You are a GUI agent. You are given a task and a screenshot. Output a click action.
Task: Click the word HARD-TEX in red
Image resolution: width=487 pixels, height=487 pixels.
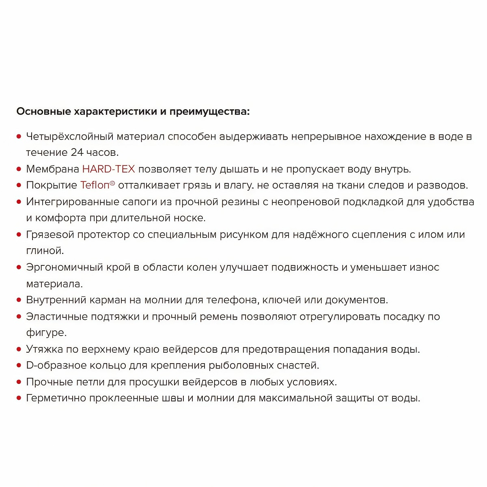[108, 169]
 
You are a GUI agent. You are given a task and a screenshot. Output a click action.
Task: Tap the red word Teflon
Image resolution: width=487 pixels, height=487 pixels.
[95, 185]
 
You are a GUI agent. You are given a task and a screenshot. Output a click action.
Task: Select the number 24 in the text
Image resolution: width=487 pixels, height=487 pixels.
[77, 153]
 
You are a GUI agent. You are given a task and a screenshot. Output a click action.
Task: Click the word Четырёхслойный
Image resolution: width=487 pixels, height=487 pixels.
[69, 136]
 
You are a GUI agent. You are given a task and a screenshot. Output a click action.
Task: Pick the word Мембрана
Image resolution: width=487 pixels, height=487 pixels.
[52, 169]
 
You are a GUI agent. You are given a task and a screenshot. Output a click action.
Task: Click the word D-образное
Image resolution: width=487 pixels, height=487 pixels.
[59, 365]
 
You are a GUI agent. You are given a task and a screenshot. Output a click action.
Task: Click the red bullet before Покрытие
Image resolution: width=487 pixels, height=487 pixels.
[19, 185]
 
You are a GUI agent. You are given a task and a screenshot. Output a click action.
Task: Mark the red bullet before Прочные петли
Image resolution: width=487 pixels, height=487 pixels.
[19, 382]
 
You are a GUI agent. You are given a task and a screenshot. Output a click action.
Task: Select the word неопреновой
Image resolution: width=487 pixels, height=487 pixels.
[305, 202]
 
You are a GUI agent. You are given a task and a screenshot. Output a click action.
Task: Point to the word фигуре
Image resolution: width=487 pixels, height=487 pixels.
[46, 333]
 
